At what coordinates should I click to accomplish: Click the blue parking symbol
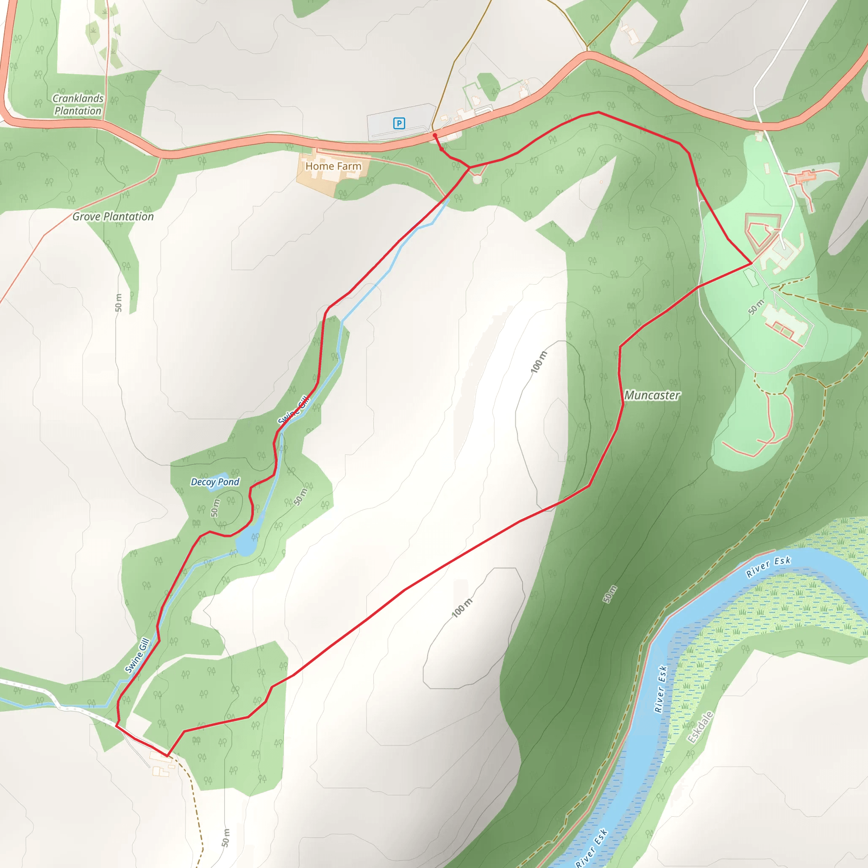coord(399,123)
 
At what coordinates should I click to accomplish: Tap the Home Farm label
coord(334,166)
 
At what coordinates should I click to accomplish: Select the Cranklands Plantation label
coord(78,104)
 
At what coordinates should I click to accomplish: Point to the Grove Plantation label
coord(113,217)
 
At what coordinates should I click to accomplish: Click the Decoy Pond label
coord(215,482)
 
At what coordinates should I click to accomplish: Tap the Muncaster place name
coord(652,395)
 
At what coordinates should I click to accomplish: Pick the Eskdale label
coord(700,727)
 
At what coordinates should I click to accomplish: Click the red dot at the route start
coord(435,135)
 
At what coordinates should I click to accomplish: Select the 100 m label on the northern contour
coord(539,362)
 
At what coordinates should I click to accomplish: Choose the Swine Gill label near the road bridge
coord(137,656)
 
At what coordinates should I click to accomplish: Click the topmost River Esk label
coord(768,567)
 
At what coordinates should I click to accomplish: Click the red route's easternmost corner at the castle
coord(751,263)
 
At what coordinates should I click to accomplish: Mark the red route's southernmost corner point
coord(167,757)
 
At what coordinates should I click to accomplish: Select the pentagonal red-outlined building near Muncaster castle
coord(762,230)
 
